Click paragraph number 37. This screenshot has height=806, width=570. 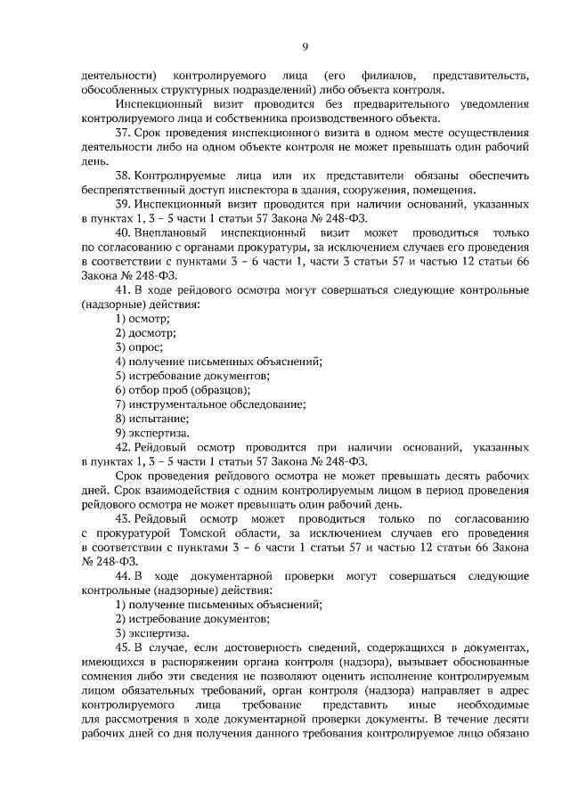pyautogui.click(x=125, y=132)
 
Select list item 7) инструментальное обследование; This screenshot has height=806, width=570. pyautogui.click(x=210, y=403)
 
